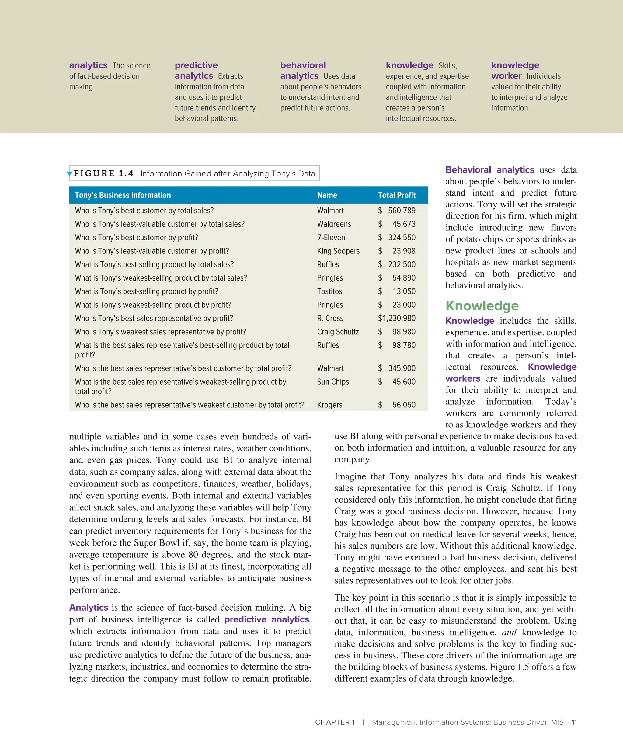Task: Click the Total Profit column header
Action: tap(396, 195)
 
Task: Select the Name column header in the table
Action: tap(327, 195)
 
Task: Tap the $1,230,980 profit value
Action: tap(396, 318)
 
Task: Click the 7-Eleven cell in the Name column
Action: tap(331, 237)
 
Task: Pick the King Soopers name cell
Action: tap(338, 251)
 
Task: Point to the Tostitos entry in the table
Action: tap(329, 291)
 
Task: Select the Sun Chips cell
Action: tap(333, 382)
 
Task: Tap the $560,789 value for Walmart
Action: tap(396, 211)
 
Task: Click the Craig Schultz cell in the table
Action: tap(338, 332)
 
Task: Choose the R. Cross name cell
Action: tap(330, 318)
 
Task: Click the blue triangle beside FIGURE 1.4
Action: tap(70, 173)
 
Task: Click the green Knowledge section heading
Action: tap(482, 305)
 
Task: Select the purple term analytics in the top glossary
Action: tap(88, 65)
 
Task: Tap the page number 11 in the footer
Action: tap(574, 722)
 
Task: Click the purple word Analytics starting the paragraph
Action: tap(89, 607)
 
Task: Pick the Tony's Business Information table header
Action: tap(123, 195)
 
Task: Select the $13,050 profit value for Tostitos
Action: tap(396, 291)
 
